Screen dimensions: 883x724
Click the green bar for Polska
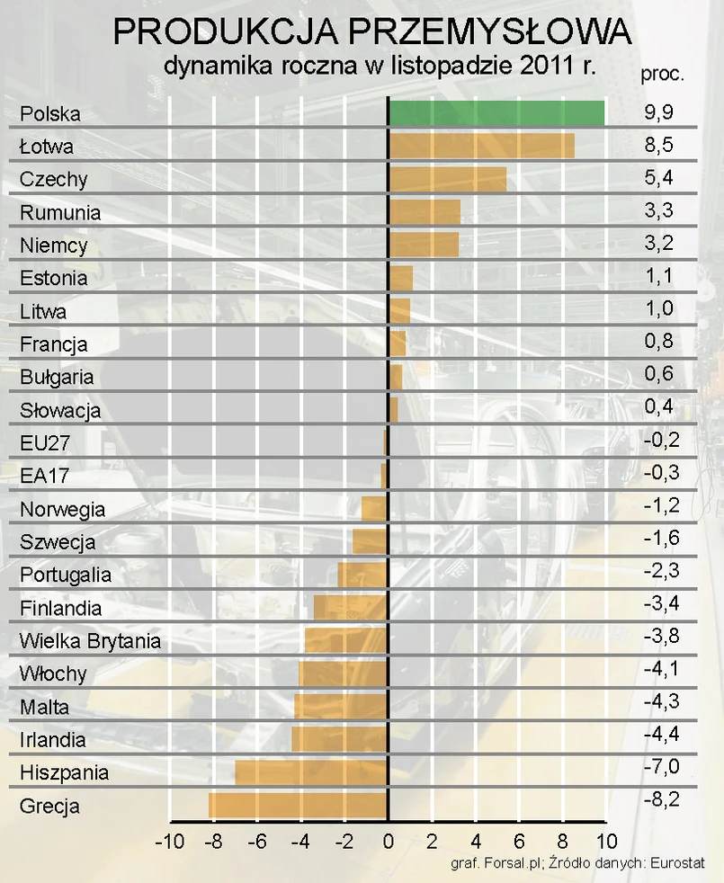click(x=496, y=113)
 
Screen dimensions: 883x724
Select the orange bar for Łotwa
click(x=481, y=146)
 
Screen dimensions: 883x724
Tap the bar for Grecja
click(x=298, y=805)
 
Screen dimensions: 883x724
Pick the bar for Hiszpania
click(x=311, y=772)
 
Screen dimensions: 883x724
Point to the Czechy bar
click(x=447, y=179)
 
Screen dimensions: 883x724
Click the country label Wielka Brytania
click(x=90, y=641)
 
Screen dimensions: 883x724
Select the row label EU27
click(x=44, y=443)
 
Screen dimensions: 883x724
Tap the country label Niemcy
click(x=53, y=245)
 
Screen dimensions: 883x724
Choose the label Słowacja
click(x=60, y=410)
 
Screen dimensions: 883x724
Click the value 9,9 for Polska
click(x=659, y=112)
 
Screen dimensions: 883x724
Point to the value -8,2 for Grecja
click(x=661, y=798)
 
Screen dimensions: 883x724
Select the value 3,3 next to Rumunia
click(x=659, y=210)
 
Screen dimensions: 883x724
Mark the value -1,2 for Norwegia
click(x=661, y=505)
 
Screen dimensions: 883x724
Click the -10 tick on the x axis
click(x=169, y=843)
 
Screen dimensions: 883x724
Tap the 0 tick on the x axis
click(x=388, y=843)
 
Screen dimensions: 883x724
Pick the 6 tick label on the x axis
click(x=519, y=843)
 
